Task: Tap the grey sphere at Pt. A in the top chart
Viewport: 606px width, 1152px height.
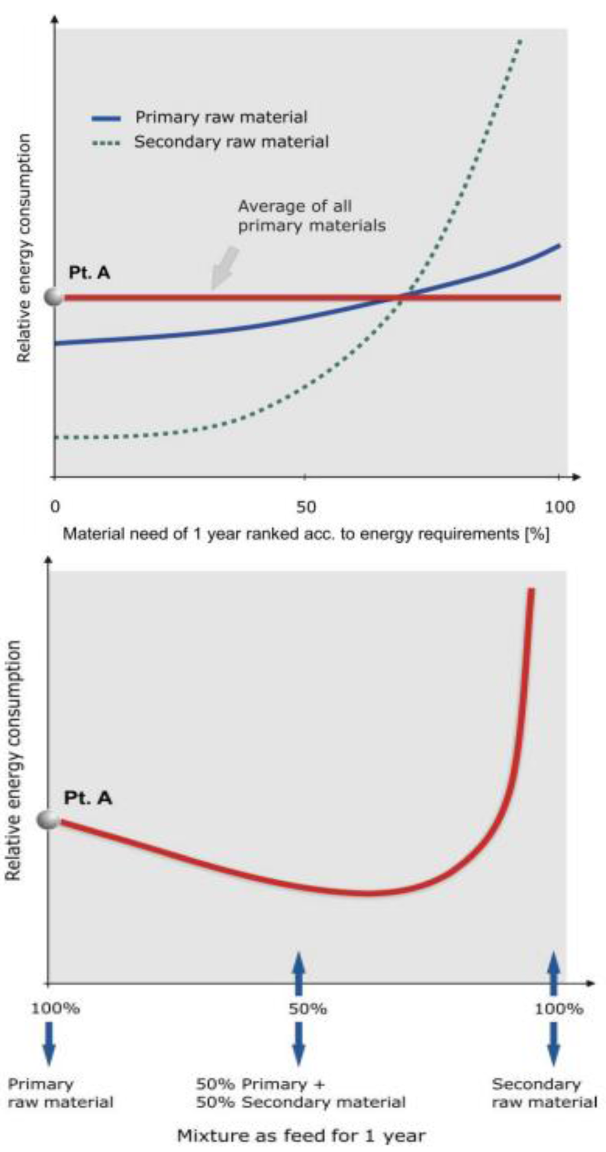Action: (x=54, y=297)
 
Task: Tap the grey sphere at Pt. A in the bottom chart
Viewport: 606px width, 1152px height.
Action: (x=49, y=819)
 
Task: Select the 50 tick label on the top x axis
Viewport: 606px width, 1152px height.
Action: (x=305, y=507)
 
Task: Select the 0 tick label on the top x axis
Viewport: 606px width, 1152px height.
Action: (x=55, y=507)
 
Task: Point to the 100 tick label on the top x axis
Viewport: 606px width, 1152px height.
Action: (x=559, y=507)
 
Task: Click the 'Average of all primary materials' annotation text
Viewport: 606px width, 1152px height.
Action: (x=311, y=216)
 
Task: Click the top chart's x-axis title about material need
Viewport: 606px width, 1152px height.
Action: (x=306, y=534)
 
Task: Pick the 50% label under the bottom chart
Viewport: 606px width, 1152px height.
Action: (x=308, y=1008)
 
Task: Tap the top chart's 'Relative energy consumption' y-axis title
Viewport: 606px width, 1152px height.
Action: (x=24, y=249)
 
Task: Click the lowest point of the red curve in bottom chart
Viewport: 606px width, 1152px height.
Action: (x=367, y=893)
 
